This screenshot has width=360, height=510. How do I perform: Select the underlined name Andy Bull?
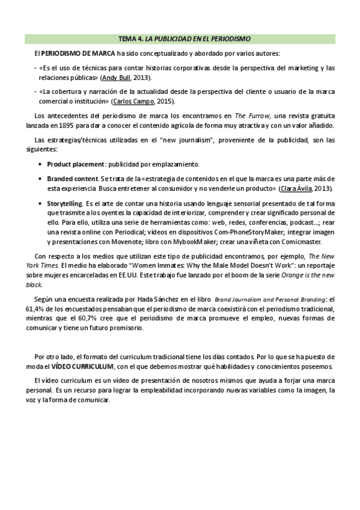coord(116,78)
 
